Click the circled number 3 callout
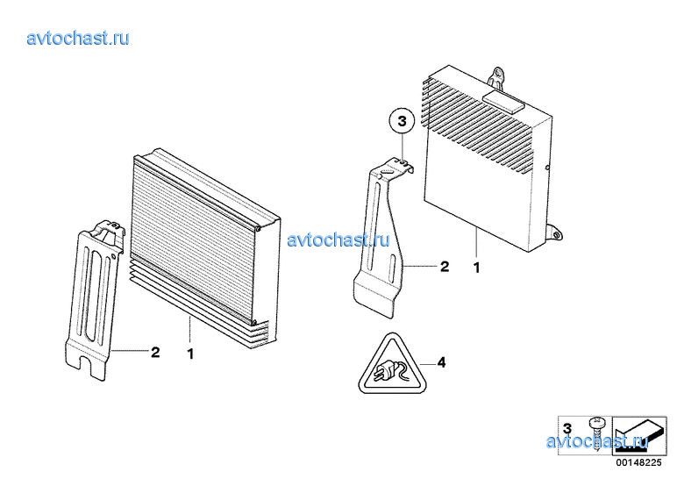402,121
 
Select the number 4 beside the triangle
441,362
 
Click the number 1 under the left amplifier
190,354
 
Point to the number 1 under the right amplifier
477,268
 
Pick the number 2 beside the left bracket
155,352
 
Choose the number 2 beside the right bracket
445,266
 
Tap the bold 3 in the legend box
567,428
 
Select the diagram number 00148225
638,462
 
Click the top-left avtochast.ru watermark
78,39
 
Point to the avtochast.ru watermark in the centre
338,239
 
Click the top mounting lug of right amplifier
497,77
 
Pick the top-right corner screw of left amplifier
257,229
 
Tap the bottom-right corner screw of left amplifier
254,322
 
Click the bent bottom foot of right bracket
374,295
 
